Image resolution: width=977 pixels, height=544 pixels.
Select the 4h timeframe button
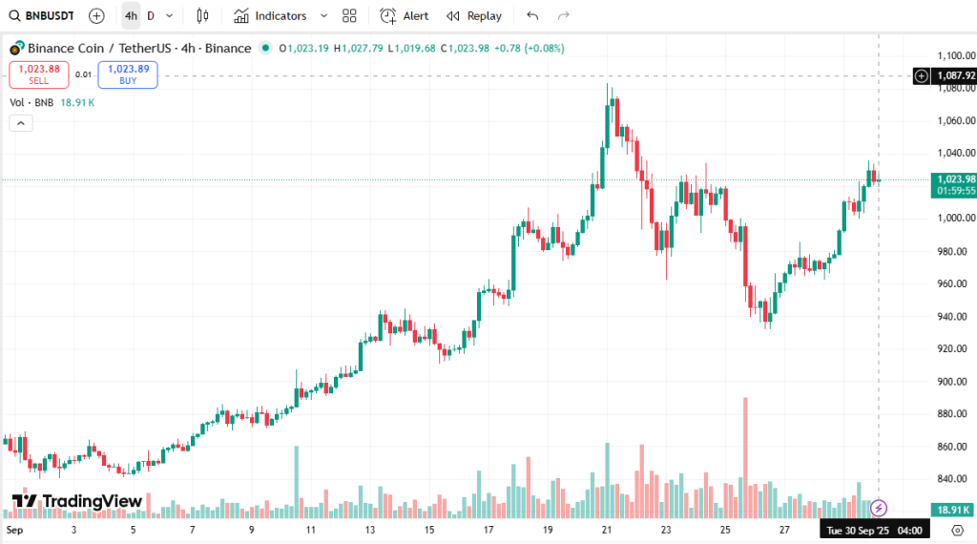coord(131,16)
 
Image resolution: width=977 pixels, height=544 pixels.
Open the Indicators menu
coord(272,16)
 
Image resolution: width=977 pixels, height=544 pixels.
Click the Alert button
coord(405,16)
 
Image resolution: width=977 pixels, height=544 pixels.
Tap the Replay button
coord(474,16)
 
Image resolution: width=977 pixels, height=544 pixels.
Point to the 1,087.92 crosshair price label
coord(955,75)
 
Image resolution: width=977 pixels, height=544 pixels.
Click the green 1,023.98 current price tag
coord(955,179)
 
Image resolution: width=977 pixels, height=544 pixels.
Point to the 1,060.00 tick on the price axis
coord(955,121)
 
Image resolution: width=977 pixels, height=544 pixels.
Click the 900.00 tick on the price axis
coord(955,382)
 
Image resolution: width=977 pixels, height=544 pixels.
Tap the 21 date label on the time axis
coord(607,529)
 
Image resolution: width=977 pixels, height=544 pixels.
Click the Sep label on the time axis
coord(13,529)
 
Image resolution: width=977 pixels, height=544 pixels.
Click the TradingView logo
coord(77,501)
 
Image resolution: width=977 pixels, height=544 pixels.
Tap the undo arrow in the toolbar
coord(532,16)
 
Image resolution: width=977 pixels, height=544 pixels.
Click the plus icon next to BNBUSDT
coord(96,16)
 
